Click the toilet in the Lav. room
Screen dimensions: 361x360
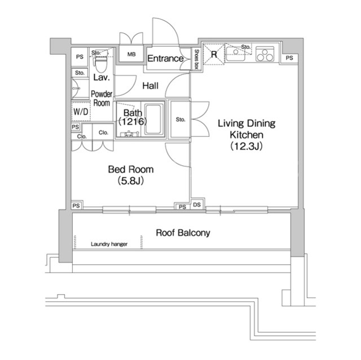tap(101, 64)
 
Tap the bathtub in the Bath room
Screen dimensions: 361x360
tap(153, 119)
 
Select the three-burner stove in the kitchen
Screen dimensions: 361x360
tap(265, 54)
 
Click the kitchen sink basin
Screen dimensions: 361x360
tap(235, 54)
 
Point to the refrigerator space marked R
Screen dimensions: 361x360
tap(214, 54)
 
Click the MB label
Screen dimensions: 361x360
tap(131, 55)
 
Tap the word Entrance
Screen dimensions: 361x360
tap(165, 59)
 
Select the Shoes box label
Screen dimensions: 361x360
tap(196, 59)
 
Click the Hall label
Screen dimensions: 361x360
tap(151, 86)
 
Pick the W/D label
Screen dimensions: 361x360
tap(81, 112)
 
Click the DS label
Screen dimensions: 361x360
tap(197, 205)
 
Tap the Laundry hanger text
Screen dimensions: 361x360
tap(109, 244)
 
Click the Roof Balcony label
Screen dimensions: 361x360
tap(183, 233)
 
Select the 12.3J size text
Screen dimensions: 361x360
tap(246, 146)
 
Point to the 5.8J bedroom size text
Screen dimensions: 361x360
tap(131, 181)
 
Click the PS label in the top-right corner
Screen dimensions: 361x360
tap(289, 58)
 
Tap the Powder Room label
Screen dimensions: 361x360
tap(102, 99)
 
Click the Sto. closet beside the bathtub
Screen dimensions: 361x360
tap(180, 119)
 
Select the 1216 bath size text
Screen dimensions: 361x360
tap(133, 121)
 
